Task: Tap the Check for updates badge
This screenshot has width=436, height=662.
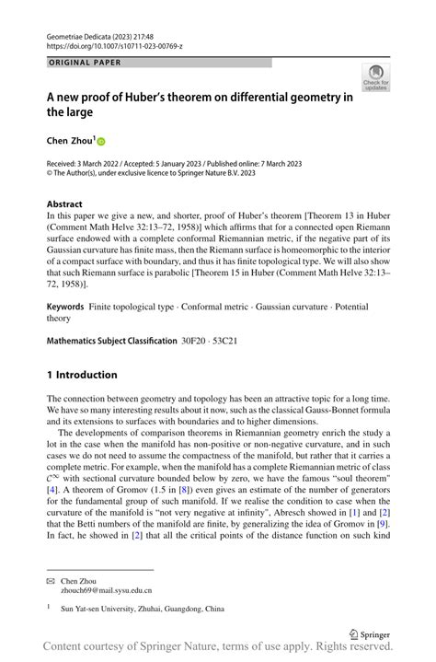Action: (375, 77)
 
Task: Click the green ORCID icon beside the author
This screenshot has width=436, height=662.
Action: (101, 141)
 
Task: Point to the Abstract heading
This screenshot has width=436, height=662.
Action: (64, 203)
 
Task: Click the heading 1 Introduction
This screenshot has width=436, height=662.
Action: (82, 375)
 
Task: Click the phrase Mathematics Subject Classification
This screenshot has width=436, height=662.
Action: (111, 341)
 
